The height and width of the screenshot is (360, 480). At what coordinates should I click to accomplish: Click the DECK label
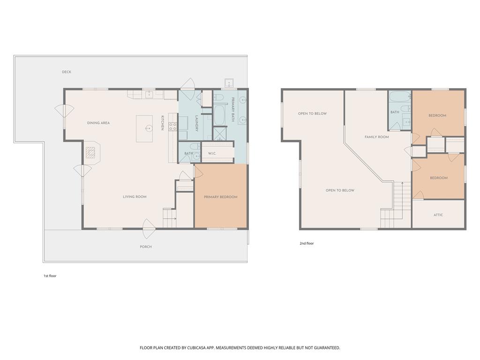click(x=67, y=72)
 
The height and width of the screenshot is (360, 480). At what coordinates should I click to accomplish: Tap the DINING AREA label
click(x=98, y=123)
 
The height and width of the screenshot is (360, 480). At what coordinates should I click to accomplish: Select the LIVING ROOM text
click(x=135, y=197)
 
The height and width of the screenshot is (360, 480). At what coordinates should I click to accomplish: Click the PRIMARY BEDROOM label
click(x=221, y=197)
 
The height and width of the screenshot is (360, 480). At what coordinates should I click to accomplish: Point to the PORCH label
click(x=146, y=247)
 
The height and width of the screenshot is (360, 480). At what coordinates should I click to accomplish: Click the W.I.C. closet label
click(x=212, y=153)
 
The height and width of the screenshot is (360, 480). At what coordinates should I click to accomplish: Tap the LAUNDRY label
click(x=197, y=123)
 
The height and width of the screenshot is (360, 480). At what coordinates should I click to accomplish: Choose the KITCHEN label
click(x=163, y=123)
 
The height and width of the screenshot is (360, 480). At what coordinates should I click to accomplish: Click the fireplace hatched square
click(x=90, y=152)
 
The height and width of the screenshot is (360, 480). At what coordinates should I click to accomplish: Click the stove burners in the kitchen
click(x=172, y=127)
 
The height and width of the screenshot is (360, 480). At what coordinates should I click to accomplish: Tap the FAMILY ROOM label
click(x=377, y=137)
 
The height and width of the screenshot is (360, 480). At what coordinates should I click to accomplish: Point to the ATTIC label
click(x=438, y=215)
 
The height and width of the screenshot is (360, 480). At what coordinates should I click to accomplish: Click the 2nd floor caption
click(x=307, y=244)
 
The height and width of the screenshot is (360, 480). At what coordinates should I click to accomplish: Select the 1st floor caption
click(x=50, y=276)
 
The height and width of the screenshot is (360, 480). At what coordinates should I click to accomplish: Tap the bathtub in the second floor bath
click(x=399, y=97)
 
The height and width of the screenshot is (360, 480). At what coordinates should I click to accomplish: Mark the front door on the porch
click(x=149, y=229)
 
